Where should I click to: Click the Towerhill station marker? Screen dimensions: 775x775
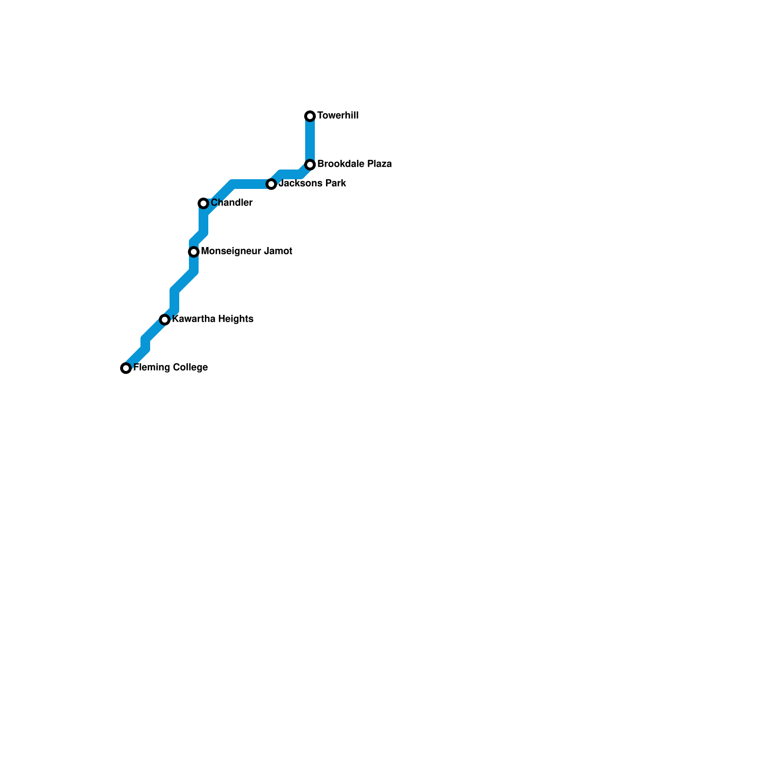[x=310, y=116]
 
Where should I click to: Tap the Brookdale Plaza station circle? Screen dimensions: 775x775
[x=310, y=165]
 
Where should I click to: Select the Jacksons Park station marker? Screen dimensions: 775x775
[x=271, y=184]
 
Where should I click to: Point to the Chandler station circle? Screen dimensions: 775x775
[x=203, y=203]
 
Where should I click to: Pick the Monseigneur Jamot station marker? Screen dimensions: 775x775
[x=194, y=252]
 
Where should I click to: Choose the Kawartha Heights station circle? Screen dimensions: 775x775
[x=165, y=320]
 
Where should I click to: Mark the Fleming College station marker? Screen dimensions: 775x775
[x=126, y=368]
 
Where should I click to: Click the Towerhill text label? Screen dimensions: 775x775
[x=338, y=116]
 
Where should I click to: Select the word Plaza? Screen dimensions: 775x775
[x=379, y=164]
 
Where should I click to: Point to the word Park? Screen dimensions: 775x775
[x=335, y=184]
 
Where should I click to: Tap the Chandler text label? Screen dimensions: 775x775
[x=232, y=203]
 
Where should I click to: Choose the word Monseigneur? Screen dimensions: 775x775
[x=231, y=251]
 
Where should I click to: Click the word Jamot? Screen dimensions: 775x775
[x=278, y=251]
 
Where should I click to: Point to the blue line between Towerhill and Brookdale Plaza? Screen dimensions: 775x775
[x=310, y=140]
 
